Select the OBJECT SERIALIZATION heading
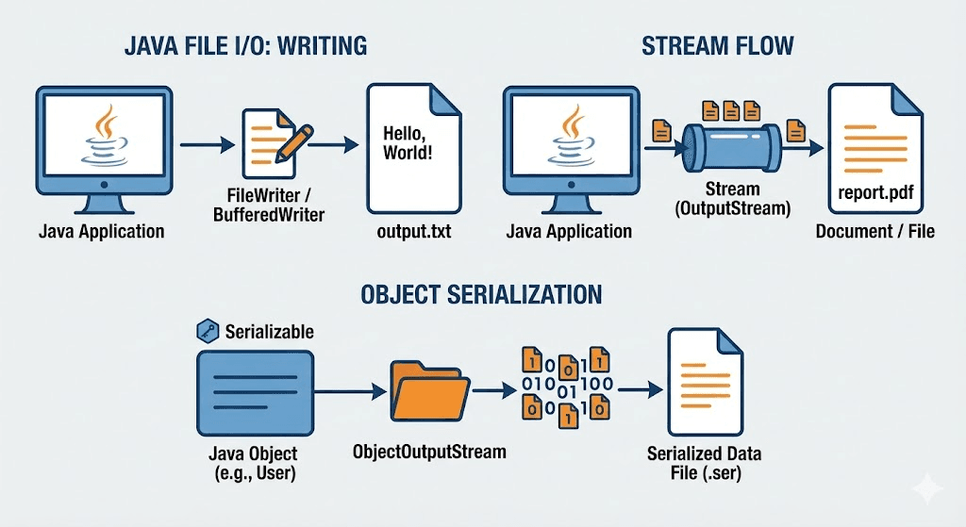[481, 294]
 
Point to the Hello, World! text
[408, 141]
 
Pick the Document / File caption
[875, 231]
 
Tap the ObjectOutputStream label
[429, 452]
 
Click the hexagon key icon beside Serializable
[206, 331]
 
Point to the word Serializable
[270, 332]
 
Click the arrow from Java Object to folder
[349, 389]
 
